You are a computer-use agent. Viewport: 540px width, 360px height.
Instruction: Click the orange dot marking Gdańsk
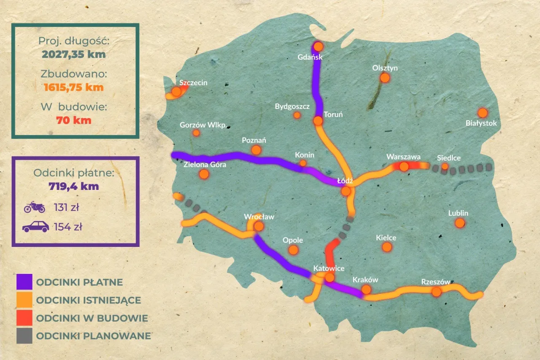pyautogui.click(x=318, y=46)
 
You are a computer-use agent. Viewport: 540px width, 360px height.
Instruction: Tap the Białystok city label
pyautogui.click(x=481, y=123)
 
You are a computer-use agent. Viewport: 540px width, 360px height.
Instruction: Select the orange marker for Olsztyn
pyautogui.click(x=384, y=78)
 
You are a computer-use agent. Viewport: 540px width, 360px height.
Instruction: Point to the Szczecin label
pyautogui.click(x=193, y=82)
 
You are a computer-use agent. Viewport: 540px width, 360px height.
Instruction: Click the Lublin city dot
pyautogui.click(x=460, y=223)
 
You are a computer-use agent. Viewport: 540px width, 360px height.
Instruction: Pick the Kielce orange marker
pyautogui.click(x=387, y=247)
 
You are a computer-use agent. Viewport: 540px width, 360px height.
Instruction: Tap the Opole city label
pyautogui.click(x=293, y=240)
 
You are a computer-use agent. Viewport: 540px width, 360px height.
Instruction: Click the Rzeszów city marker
pyautogui.click(x=437, y=292)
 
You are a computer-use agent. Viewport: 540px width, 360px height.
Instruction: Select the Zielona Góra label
pyautogui.click(x=205, y=165)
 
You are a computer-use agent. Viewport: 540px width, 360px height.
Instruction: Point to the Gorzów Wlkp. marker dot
pyautogui.click(x=196, y=133)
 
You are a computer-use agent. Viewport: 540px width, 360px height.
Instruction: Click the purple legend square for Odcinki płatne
pyautogui.click(x=24, y=282)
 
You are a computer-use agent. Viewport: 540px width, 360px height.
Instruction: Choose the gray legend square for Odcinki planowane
pyautogui.click(x=24, y=336)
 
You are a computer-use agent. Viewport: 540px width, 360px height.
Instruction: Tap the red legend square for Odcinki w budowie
pyautogui.click(x=24, y=318)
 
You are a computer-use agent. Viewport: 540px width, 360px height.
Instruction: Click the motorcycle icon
pyautogui.click(x=35, y=207)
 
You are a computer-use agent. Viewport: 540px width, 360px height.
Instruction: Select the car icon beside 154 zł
pyautogui.click(x=35, y=227)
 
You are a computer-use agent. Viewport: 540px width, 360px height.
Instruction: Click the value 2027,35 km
pyautogui.click(x=74, y=54)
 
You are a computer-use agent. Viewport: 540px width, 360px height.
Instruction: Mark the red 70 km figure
pyautogui.click(x=74, y=120)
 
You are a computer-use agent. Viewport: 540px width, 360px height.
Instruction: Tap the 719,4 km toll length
pyautogui.click(x=74, y=186)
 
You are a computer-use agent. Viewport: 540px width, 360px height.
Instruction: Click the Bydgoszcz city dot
pyautogui.click(x=297, y=115)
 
